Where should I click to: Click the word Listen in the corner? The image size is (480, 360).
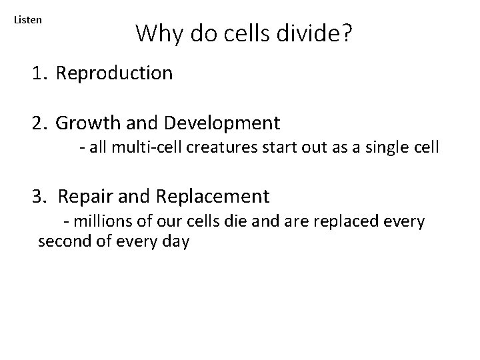pos(28,20)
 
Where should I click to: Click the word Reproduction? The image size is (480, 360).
pos(114,73)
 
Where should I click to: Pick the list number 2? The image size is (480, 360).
pos(39,123)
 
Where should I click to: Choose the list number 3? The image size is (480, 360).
pos(39,197)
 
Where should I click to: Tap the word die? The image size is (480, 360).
pos(227,221)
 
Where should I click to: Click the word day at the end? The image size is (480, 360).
pos(176,242)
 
